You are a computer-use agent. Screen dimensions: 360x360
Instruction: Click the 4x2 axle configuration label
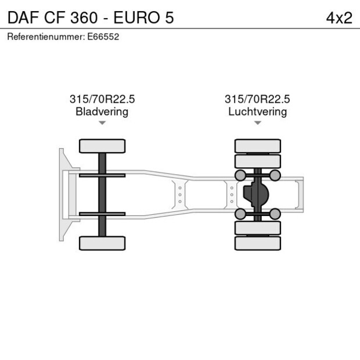(x=339, y=18)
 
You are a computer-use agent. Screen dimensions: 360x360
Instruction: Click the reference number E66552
(x=103, y=37)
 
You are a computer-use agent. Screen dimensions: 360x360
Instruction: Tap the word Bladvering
(x=102, y=112)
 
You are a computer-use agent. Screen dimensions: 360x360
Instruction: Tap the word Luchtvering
(x=258, y=112)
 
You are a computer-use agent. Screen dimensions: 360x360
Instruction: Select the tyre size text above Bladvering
(x=102, y=99)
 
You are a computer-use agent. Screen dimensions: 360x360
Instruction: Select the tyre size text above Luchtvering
(x=257, y=99)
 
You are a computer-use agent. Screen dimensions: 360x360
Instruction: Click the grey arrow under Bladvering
(x=102, y=123)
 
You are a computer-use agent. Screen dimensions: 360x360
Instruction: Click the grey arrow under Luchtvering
(x=258, y=123)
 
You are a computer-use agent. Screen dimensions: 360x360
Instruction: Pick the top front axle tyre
(x=102, y=146)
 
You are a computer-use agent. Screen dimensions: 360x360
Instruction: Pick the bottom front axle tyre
(x=102, y=243)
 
